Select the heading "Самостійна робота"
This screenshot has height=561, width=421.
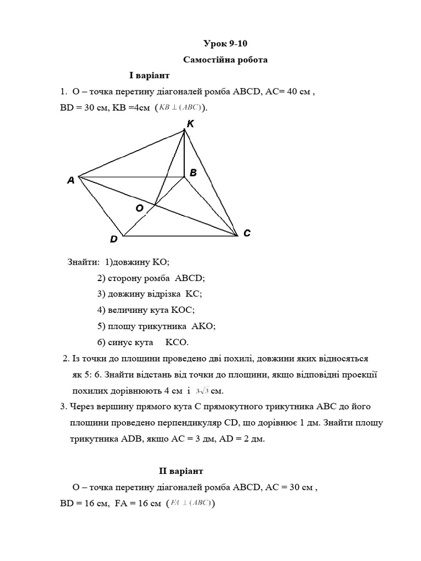(x=225, y=60)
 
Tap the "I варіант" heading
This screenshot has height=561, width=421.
(x=150, y=75)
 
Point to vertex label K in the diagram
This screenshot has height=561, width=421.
(x=190, y=124)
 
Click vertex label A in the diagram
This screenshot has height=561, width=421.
(x=71, y=180)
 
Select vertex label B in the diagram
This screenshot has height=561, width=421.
(x=193, y=173)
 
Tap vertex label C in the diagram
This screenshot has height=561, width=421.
(x=247, y=233)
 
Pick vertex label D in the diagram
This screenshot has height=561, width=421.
(x=113, y=239)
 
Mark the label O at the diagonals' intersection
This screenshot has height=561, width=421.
(x=139, y=208)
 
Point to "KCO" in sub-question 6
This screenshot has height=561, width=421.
(x=177, y=342)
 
